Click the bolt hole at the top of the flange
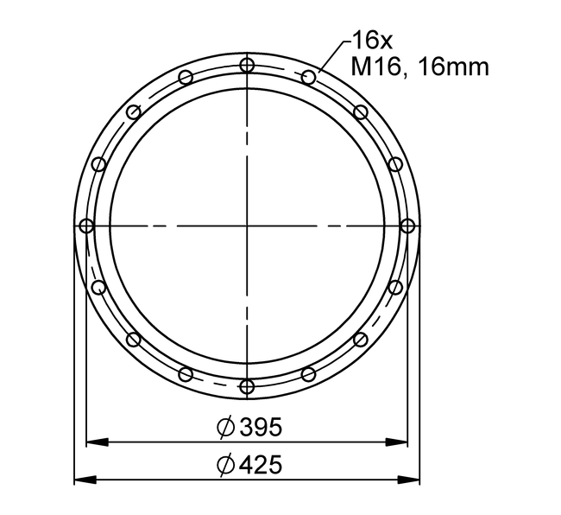[x=247, y=66]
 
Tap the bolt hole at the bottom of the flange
[x=247, y=386]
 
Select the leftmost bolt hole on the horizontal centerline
[x=86, y=226]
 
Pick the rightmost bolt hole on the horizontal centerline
[x=407, y=226]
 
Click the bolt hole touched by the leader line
[x=308, y=77]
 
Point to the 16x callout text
[x=372, y=41]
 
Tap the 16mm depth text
[x=453, y=67]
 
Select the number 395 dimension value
[x=261, y=427]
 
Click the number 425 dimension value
[x=261, y=465]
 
